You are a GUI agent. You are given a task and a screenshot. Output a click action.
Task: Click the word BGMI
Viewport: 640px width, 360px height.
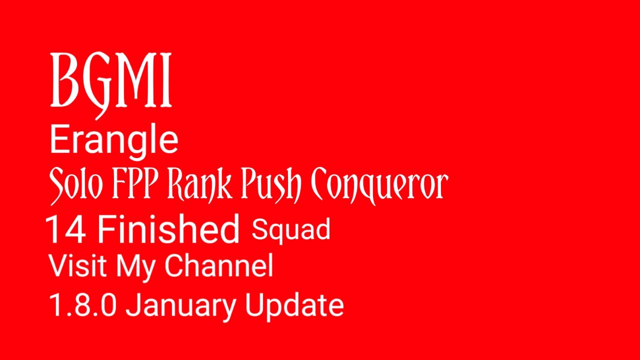111,81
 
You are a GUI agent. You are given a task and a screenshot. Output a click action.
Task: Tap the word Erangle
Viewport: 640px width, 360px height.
114,140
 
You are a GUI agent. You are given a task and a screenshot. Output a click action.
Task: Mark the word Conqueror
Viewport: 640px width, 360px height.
379,186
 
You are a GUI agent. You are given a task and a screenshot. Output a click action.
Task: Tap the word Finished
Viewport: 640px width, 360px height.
168,229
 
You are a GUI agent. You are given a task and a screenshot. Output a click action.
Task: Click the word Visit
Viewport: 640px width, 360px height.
79,266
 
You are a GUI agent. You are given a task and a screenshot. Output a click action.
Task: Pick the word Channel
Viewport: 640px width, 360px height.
219,266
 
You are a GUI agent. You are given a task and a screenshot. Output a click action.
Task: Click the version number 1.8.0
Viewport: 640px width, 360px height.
83,304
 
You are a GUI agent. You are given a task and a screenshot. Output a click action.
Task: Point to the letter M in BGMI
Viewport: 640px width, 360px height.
140,81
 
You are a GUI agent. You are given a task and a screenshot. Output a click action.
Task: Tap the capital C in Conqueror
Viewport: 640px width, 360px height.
323,185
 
